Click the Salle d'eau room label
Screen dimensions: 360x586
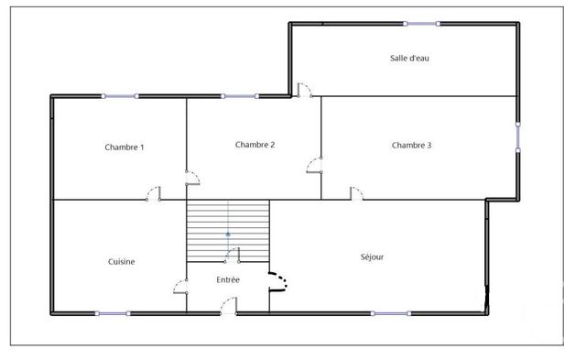click(409, 58)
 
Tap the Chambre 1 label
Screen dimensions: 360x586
click(125, 147)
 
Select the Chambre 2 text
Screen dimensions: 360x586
click(255, 144)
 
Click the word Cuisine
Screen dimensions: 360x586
click(121, 261)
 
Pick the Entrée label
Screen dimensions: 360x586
click(228, 279)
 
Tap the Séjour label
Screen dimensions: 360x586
click(372, 256)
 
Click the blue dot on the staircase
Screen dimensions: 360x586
click(228, 235)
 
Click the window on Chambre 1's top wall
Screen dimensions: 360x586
click(120, 95)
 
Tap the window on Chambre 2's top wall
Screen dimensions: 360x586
click(239, 95)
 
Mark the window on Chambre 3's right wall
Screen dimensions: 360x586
click(518, 136)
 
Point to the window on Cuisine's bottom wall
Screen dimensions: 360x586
click(113, 313)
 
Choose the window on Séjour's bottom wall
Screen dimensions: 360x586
click(391, 313)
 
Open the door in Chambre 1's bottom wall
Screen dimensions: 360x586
click(155, 193)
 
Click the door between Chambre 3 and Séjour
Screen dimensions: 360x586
click(356, 193)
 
